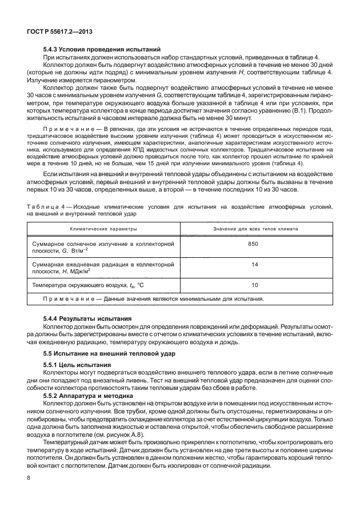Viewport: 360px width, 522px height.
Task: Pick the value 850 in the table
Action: [254, 244]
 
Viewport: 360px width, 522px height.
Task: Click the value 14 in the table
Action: [254, 264]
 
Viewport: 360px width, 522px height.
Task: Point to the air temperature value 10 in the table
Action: [254, 285]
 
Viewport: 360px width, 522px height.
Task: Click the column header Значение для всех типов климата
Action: [255, 228]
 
